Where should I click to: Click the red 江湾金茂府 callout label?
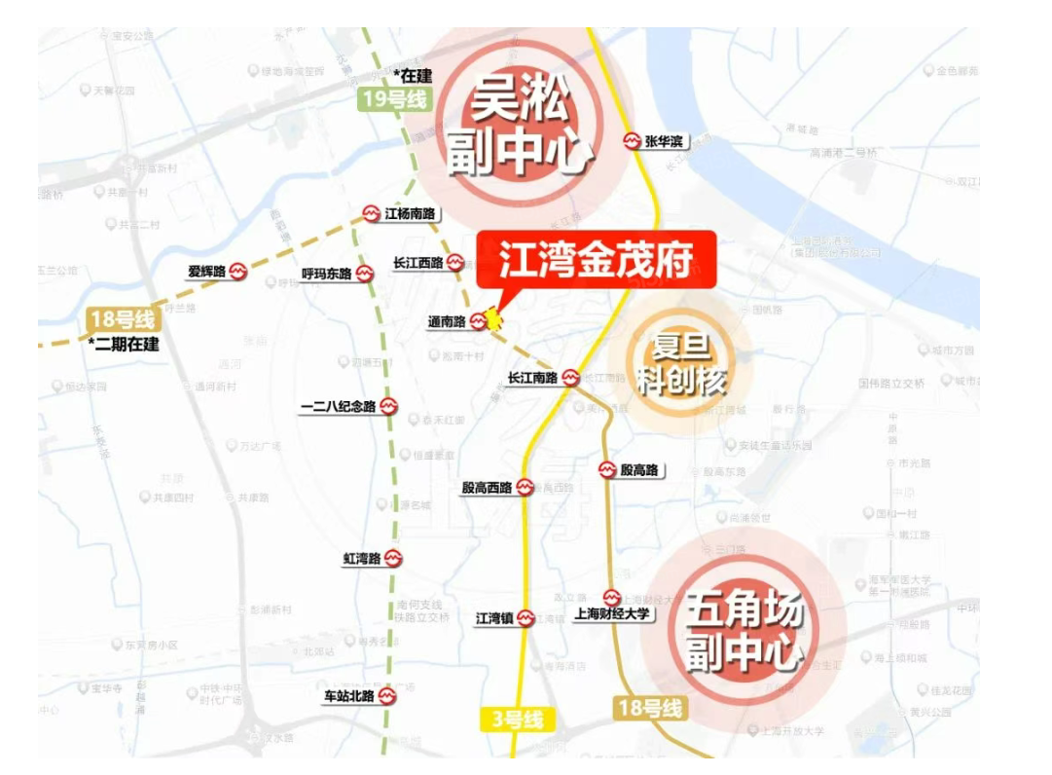(x=596, y=260)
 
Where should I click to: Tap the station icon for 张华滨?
(x=633, y=141)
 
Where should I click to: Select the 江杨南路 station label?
(x=409, y=213)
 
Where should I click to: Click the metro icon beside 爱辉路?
(x=238, y=273)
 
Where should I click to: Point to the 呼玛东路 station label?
(x=327, y=274)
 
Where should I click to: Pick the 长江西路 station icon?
(x=454, y=263)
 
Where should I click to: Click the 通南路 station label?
(x=448, y=321)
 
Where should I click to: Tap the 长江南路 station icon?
(x=571, y=377)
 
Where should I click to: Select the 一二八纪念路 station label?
(x=338, y=406)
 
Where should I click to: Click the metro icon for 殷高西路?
(x=526, y=487)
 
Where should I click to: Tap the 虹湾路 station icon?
(x=392, y=558)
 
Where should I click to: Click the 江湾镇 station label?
(x=493, y=617)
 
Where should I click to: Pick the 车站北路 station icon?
(x=387, y=696)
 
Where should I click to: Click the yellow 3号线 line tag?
(x=517, y=720)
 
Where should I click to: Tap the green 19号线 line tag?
(x=393, y=97)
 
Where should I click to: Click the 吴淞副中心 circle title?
(x=520, y=127)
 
